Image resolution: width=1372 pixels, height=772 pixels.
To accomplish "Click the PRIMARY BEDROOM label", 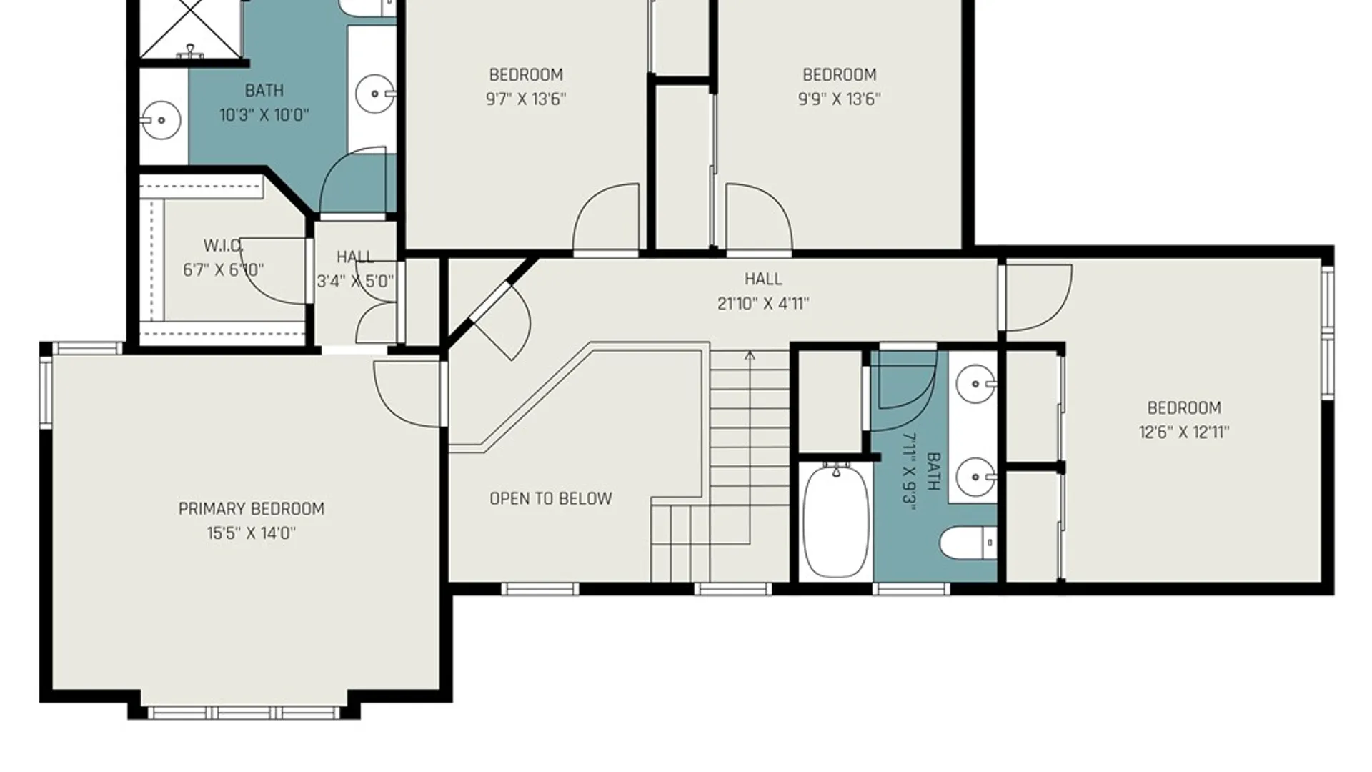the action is (x=252, y=509).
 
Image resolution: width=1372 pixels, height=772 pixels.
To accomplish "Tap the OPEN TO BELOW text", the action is (x=551, y=498).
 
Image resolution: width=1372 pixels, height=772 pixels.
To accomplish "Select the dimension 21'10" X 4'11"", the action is (x=763, y=304).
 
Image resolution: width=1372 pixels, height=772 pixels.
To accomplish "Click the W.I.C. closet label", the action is (x=223, y=246).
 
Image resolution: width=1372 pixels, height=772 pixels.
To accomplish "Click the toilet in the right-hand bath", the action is (x=968, y=543).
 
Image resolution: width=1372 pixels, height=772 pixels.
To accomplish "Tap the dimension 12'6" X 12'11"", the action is (x=1184, y=432).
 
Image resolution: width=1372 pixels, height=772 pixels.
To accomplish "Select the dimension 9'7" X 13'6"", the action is (x=526, y=99).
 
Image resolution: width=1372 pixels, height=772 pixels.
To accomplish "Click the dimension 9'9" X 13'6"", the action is (x=839, y=99).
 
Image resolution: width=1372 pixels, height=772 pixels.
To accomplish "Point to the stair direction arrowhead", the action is (x=750, y=355).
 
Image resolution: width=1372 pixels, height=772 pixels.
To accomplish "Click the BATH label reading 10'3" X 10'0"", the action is (x=264, y=91).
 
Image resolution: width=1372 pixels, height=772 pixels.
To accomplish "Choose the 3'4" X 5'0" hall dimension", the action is (x=355, y=281).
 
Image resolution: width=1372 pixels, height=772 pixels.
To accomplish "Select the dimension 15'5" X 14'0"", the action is (x=252, y=533).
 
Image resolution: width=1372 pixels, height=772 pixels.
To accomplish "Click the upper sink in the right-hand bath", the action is (x=975, y=384).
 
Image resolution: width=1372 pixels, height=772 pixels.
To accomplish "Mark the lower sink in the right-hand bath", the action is (x=975, y=476).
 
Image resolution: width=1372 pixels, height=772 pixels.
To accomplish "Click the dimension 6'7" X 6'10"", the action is (x=224, y=270).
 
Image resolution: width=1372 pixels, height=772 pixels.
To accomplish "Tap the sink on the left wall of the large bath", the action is (x=160, y=120).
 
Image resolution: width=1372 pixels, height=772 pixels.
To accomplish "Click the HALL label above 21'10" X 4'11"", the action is (x=763, y=279).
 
